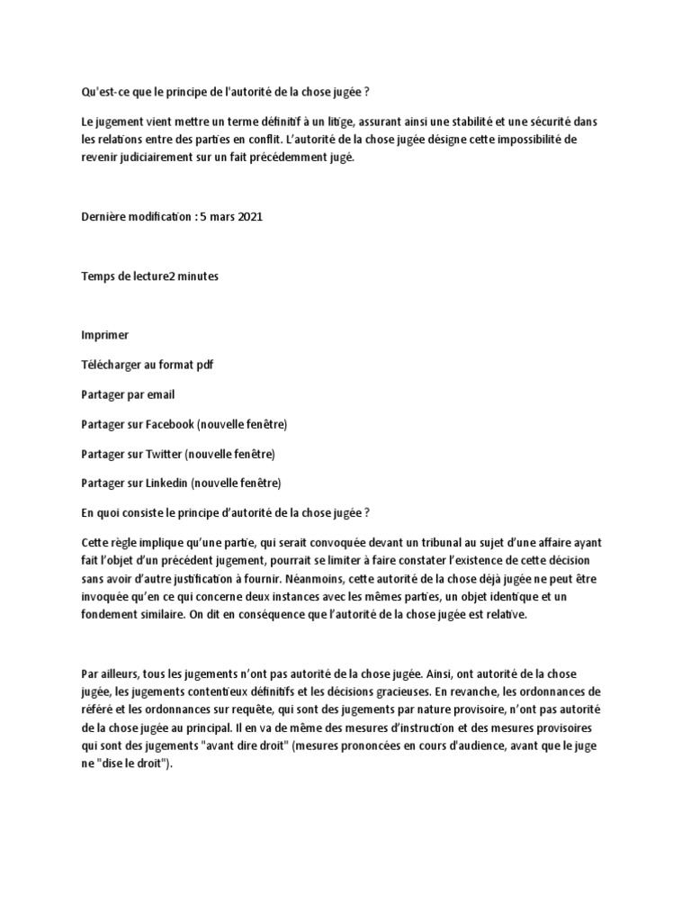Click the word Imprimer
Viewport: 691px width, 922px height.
pos(104,335)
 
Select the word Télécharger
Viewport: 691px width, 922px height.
pos(112,364)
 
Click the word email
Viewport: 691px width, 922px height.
pos(160,393)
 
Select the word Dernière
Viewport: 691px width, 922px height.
pos(104,217)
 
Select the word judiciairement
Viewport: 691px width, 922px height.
pos(166,157)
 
